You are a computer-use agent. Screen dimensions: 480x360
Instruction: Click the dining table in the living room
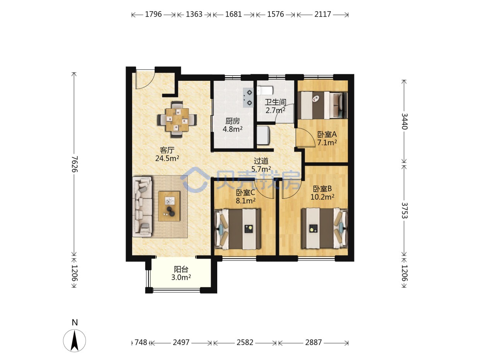click(x=177, y=119)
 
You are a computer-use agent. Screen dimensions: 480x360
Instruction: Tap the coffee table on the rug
click(x=169, y=206)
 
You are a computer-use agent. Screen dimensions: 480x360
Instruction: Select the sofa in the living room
click(x=142, y=207)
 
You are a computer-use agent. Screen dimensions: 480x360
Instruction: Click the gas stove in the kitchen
click(x=248, y=97)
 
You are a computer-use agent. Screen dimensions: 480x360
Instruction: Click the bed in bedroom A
click(x=322, y=105)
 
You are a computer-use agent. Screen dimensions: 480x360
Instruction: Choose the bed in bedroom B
click(x=324, y=229)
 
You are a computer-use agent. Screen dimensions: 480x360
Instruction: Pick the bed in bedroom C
click(x=237, y=229)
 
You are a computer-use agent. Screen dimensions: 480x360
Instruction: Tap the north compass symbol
click(x=74, y=340)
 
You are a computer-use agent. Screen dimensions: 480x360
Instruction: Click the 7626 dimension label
click(x=75, y=164)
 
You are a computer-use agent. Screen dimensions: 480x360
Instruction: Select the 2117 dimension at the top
click(x=323, y=14)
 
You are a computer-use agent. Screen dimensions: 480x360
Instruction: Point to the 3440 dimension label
click(x=404, y=121)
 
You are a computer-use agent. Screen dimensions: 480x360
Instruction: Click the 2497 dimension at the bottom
click(x=181, y=342)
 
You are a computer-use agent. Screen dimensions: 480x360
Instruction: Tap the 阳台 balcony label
click(x=181, y=269)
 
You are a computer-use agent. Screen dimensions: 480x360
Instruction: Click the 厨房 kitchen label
click(x=232, y=121)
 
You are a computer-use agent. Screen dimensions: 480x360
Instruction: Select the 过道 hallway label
click(x=261, y=161)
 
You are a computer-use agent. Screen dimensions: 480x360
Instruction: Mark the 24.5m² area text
click(x=167, y=158)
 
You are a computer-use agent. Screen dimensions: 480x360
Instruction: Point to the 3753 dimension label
click(x=404, y=210)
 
